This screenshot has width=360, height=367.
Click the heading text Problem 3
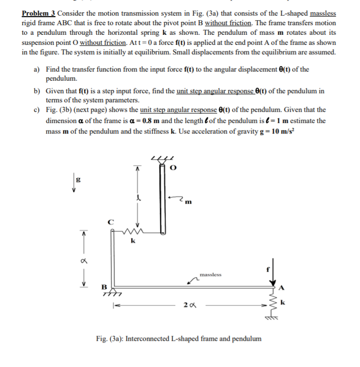[x=39, y=13]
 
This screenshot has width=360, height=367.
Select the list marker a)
[x=37, y=69]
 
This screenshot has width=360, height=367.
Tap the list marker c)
[x=37, y=109]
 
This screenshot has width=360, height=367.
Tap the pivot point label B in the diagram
[x=106, y=290]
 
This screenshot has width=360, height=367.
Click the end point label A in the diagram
[x=281, y=289]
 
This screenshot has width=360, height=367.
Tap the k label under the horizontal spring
[x=132, y=241]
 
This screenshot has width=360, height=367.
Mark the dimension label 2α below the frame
[x=189, y=305]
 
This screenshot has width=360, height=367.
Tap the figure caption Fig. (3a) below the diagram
[x=179, y=338]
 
